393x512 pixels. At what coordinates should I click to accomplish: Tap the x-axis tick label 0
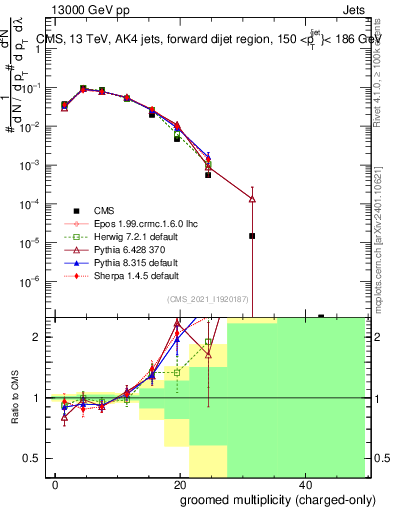55,484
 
